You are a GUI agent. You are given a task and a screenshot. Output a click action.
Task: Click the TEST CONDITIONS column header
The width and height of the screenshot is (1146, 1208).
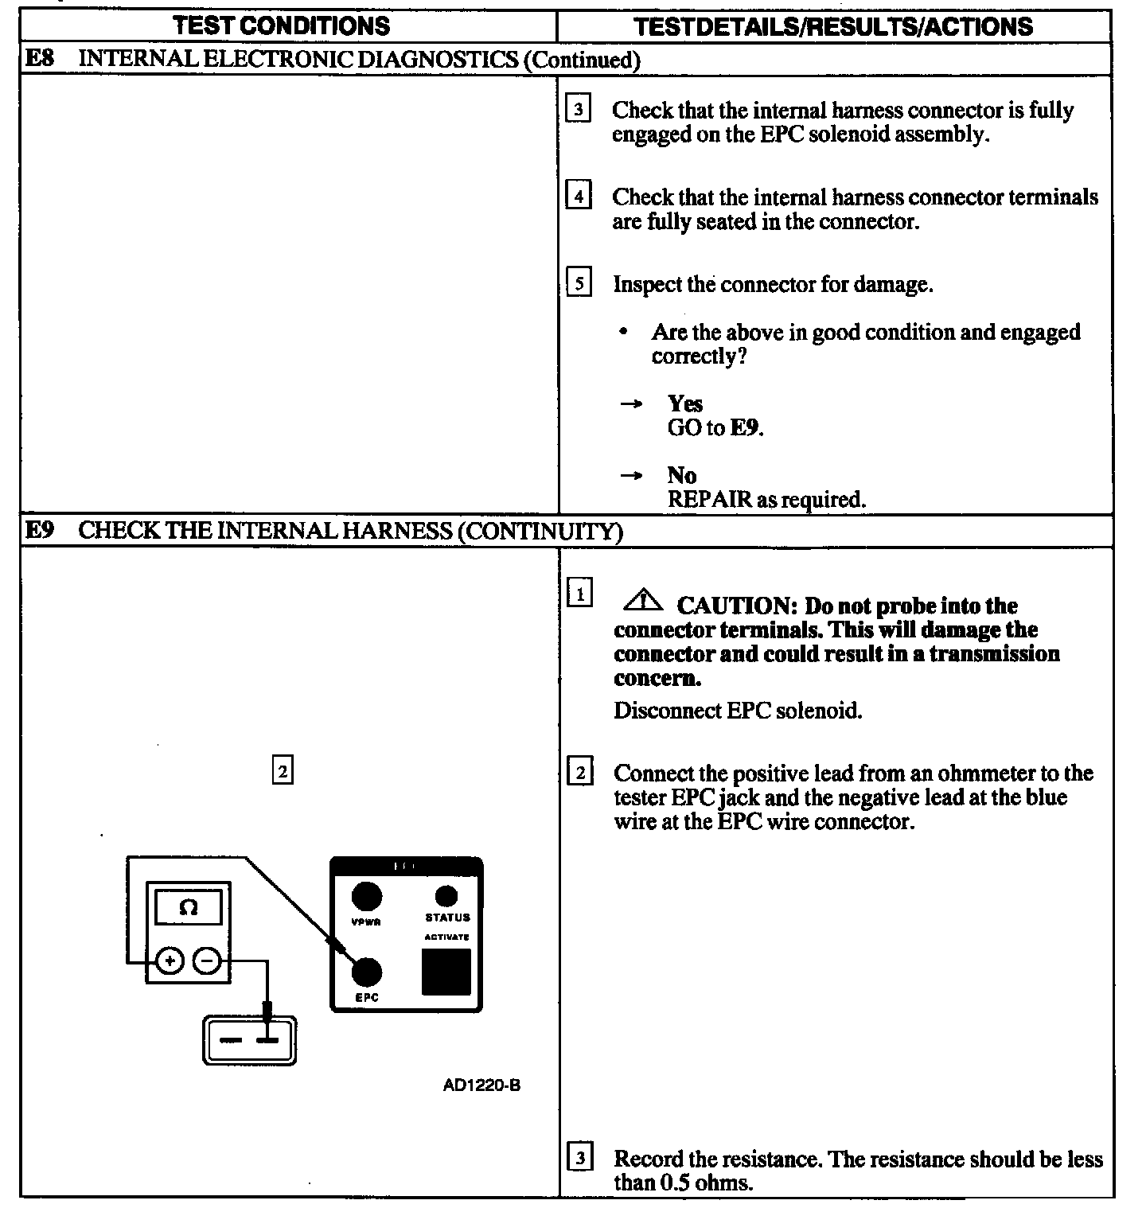[x=282, y=25]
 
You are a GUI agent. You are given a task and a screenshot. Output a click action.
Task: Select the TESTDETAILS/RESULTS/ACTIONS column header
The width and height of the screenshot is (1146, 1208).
[x=833, y=26]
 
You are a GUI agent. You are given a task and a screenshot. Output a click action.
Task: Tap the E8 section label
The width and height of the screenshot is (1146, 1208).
[x=39, y=59]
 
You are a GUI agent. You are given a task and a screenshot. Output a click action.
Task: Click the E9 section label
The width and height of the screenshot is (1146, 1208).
[x=39, y=530]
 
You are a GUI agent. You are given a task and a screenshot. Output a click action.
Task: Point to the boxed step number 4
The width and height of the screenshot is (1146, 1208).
[x=579, y=196]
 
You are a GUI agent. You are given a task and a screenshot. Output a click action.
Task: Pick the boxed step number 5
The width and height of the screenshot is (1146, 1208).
[x=579, y=283]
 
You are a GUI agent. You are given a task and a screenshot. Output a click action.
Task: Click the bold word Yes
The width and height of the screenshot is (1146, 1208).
[x=685, y=403]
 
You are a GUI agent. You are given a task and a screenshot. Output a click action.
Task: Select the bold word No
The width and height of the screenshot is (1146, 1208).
[x=682, y=475]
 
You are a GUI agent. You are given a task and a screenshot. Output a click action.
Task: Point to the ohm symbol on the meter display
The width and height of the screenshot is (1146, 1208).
[x=189, y=907]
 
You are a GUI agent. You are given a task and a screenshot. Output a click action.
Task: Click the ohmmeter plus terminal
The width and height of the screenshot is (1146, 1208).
[x=170, y=962]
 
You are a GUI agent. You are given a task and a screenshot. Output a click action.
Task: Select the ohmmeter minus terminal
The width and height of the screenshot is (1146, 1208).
[x=206, y=962]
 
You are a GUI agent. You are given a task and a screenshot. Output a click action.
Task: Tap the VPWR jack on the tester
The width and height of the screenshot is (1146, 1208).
[x=367, y=897]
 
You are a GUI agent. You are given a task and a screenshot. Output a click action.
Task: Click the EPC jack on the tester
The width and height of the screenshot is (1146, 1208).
[x=367, y=972]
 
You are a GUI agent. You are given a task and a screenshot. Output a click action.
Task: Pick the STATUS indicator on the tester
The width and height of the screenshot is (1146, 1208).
[x=447, y=897]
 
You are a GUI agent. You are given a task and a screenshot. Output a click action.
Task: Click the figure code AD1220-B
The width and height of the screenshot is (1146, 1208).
[x=481, y=1085]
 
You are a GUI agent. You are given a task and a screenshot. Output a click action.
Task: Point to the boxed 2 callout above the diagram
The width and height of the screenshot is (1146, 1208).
[x=283, y=770]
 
